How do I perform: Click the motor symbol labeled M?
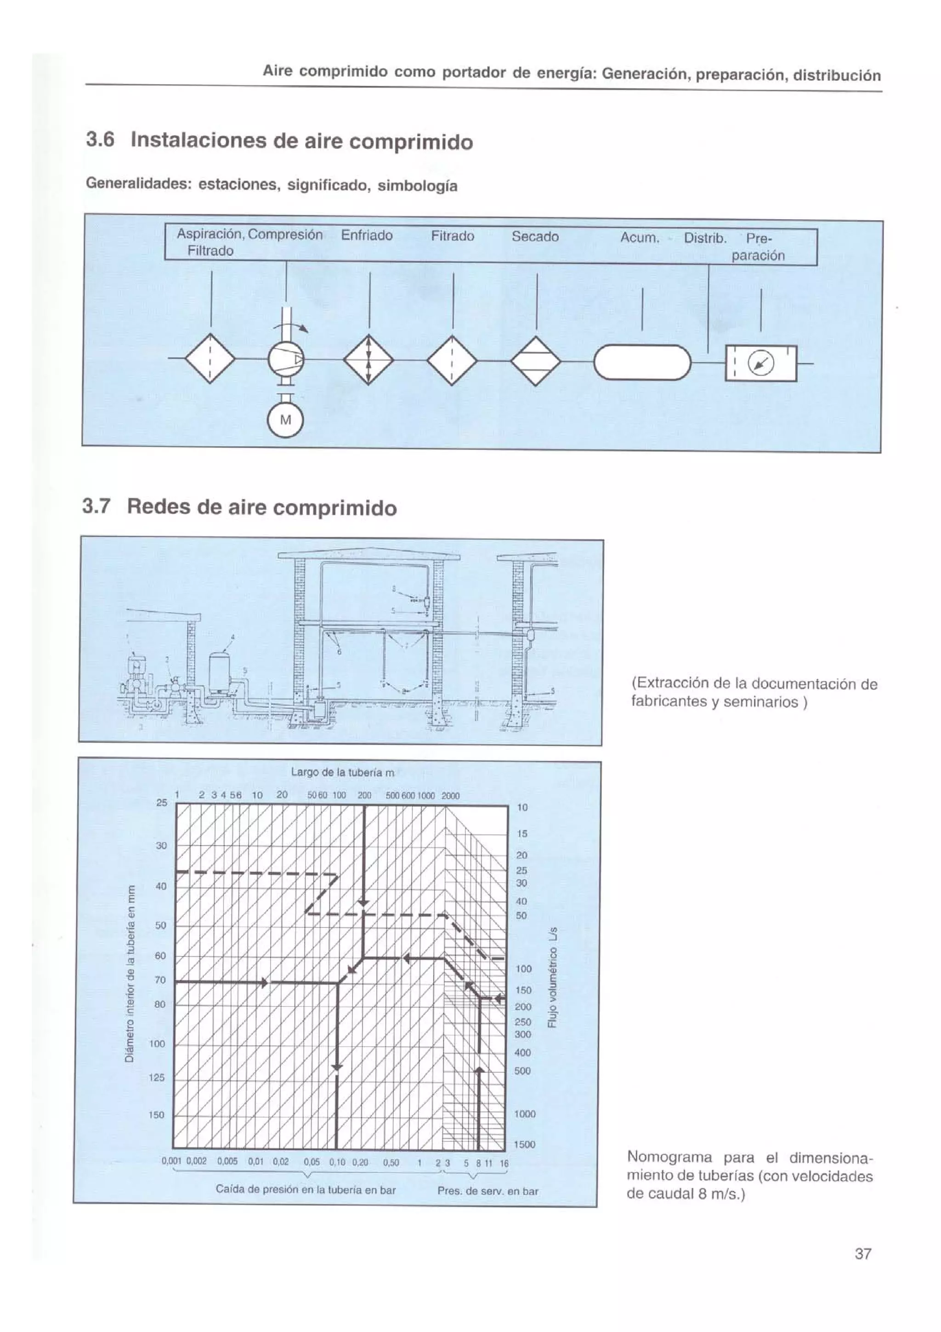point(285,420)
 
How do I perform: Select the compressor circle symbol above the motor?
point(286,360)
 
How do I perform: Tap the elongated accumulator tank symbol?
point(642,362)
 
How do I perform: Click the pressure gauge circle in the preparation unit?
point(761,364)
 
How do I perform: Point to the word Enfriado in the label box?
point(366,235)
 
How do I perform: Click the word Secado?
point(534,237)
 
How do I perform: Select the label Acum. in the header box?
point(640,238)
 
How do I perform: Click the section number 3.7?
point(96,506)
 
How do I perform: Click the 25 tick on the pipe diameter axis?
point(161,803)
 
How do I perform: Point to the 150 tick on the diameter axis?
point(157,1115)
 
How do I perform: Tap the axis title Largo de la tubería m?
point(342,773)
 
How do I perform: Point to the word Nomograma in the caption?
point(669,1157)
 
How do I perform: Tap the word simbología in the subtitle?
point(417,186)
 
